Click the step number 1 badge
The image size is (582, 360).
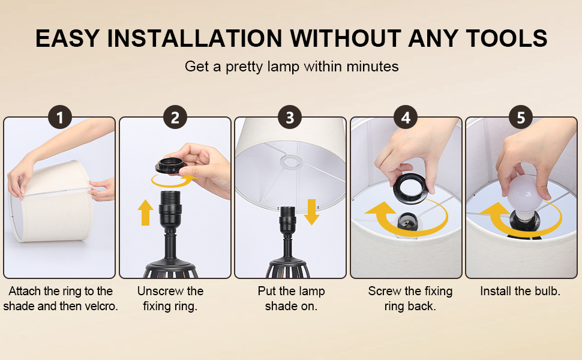(x=59, y=117)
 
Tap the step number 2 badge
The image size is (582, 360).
(x=175, y=117)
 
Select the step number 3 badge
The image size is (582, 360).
(x=290, y=117)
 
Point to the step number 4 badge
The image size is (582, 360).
(x=406, y=117)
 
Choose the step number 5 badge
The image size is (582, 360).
(x=521, y=117)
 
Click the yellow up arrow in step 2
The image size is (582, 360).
(x=145, y=213)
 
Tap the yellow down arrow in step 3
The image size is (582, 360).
(x=311, y=213)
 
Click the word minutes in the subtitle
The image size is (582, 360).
(x=373, y=66)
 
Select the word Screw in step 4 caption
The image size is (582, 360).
(x=385, y=291)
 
